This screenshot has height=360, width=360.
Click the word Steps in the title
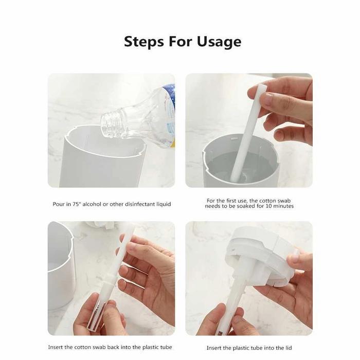144,41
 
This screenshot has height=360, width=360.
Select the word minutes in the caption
287,206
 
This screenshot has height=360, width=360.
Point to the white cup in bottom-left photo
61,267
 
